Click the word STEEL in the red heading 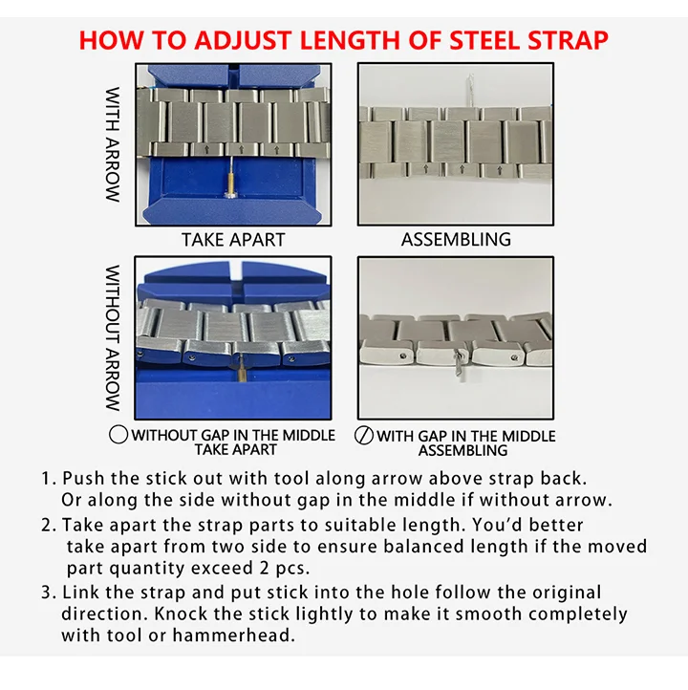click(484, 40)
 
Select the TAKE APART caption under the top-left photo click(233, 240)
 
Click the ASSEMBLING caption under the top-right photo click(456, 239)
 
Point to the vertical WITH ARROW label click(113, 144)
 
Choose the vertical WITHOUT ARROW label click(113, 338)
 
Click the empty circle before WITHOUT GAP click(118, 434)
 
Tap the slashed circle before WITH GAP click(364, 435)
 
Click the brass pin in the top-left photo click(230, 178)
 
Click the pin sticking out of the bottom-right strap click(460, 364)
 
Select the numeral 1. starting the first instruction click(49, 479)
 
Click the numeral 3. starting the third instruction click(49, 593)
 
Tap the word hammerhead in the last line click(233, 636)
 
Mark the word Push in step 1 click(84, 479)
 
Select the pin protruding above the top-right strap click(470, 90)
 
